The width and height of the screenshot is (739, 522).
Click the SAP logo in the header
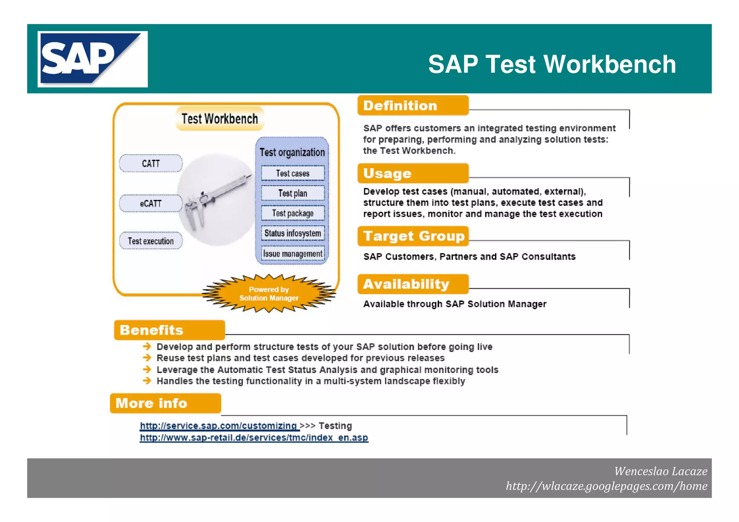[x=92, y=59]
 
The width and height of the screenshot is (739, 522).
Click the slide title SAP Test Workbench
[x=552, y=64]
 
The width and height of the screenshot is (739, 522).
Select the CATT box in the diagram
[x=151, y=163]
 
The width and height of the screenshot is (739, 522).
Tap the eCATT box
[x=151, y=203]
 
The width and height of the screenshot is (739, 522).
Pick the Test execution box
[x=151, y=241]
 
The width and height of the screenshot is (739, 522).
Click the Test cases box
[x=293, y=173]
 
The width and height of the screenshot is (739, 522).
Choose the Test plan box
[x=293, y=193]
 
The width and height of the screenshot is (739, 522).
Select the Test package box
[x=293, y=213]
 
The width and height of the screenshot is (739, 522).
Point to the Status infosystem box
[x=293, y=233]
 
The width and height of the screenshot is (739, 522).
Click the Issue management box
[x=293, y=254]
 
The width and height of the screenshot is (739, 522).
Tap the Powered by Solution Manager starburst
[x=269, y=294]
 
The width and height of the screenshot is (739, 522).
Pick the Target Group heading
[x=413, y=236]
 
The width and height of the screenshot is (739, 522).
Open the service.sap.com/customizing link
[x=219, y=426]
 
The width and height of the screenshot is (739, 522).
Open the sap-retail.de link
[x=254, y=438]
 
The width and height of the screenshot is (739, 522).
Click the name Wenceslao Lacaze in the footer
[x=660, y=471]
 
